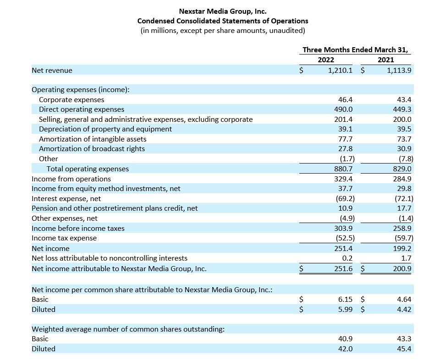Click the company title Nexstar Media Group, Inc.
(223, 11)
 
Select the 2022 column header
(326, 60)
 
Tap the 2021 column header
(386, 60)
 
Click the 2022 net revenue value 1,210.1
(340, 71)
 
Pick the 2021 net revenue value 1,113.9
(399, 71)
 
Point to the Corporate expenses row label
(71, 100)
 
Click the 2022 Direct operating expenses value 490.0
(343, 109)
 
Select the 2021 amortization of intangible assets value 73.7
(404, 139)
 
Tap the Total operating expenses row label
(88, 169)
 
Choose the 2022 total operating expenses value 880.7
(343, 169)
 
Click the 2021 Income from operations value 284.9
(402, 179)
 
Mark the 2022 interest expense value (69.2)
(345, 199)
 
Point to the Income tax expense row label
(64, 238)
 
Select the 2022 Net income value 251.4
(343, 249)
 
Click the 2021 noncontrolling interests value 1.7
(407, 258)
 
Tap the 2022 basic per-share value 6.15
(345, 300)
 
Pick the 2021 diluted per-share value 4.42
(404, 310)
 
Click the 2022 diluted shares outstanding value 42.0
(345, 349)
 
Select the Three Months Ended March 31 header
(355, 50)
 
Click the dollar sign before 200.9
(363, 269)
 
